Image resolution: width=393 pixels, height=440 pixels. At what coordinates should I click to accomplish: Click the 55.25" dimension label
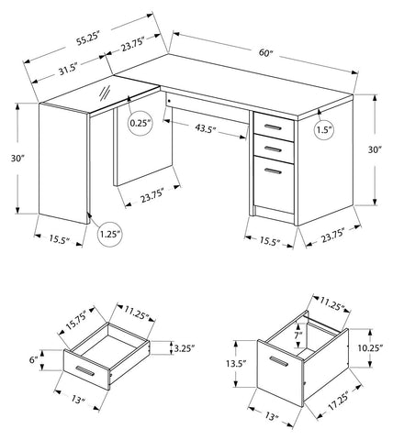(x=88, y=38)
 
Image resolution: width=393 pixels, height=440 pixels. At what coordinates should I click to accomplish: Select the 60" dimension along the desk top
(x=265, y=52)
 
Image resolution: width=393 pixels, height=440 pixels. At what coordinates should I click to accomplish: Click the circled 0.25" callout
(x=140, y=123)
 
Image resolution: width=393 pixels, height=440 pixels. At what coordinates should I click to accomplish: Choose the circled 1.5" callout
(x=324, y=130)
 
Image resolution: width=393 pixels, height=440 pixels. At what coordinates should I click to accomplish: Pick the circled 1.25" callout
(x=110, y=235)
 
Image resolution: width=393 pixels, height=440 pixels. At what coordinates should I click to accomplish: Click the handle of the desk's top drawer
(x=274, y=127)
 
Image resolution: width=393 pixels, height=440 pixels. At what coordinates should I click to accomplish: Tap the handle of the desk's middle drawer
(x=274, y=149)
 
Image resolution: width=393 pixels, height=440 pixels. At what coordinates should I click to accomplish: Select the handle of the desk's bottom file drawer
(x=274, y=170)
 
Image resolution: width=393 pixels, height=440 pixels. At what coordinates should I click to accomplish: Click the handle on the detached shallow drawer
(x=85, y=370)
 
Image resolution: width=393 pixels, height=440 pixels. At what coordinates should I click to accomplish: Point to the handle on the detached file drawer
(x=279, y=361)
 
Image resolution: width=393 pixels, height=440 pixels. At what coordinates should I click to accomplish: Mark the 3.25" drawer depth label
(x=185, y=348)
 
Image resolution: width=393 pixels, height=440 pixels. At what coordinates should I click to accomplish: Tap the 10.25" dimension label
(x=371, y=347)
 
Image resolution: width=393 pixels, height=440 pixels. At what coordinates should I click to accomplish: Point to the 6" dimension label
(x=33, y=360)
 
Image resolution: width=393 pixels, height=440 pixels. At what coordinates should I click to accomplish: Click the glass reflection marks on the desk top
(x=105, y=93)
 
